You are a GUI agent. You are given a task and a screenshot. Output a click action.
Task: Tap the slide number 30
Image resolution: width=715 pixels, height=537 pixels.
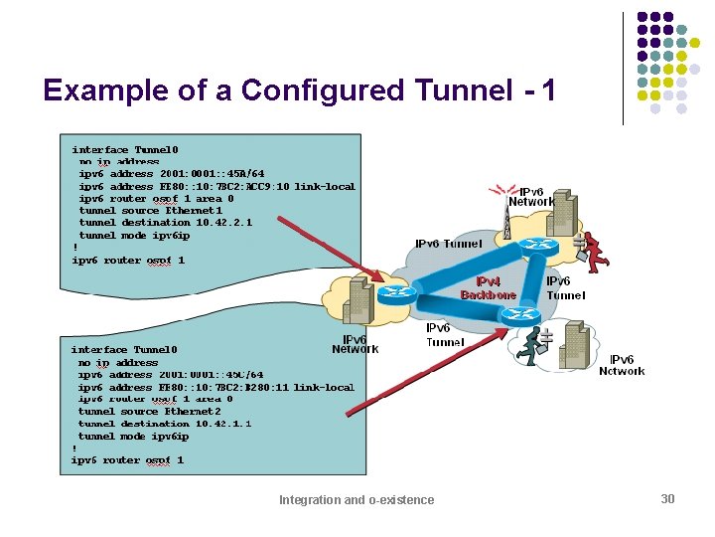667,498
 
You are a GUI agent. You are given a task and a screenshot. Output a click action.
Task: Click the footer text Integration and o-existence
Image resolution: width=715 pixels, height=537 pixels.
357,499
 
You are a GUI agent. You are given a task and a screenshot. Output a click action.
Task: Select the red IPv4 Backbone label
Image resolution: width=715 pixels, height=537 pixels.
488,288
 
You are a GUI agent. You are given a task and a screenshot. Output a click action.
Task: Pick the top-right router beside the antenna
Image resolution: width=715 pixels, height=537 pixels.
539,247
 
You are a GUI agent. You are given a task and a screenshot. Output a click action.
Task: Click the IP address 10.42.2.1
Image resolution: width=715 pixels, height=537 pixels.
223,223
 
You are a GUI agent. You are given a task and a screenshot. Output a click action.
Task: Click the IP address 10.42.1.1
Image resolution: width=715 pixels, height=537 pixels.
223,424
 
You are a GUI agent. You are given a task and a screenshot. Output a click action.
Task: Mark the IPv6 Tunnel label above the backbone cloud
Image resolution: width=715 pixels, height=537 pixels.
449,244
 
